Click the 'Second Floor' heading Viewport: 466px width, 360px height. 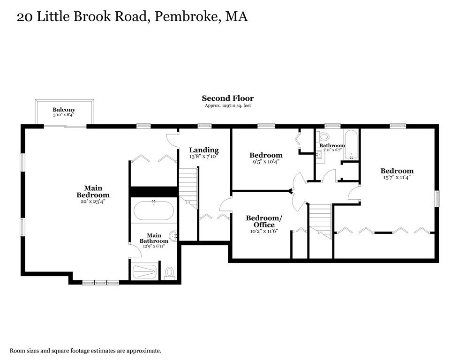click(227, 98)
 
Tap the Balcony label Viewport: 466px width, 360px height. click(64, 110)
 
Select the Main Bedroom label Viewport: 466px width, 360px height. click(93, 192)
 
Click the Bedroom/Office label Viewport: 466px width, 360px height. click(264, 221)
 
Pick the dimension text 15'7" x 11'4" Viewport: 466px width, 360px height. click(397, 178)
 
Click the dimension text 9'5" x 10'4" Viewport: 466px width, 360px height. click(265, 162)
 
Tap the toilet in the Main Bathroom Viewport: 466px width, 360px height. click(169, 273)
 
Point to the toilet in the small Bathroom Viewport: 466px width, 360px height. click(323, 137)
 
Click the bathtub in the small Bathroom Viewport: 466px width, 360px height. click(351, 142)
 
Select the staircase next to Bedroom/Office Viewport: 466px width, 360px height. click(320, 219)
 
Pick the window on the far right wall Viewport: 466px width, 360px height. click(437, 198)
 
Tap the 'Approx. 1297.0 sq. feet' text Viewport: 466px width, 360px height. click(228, 106)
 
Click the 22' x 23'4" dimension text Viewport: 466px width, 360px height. click(93, 202)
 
